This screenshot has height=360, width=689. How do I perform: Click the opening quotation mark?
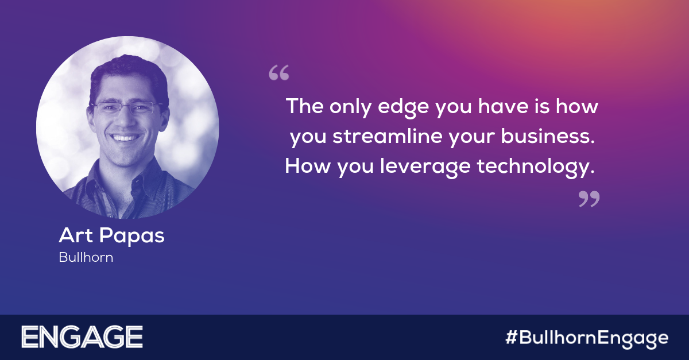(279, 72)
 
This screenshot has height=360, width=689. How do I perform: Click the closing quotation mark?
(589, 199)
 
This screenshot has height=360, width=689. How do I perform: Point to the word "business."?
(548, 136)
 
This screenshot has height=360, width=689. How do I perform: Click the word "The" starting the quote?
(305, 106)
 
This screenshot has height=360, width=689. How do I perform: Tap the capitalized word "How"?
(308, 166)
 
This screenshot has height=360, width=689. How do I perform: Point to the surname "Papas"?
(131, 237)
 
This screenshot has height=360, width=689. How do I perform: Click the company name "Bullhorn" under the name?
(86, 257)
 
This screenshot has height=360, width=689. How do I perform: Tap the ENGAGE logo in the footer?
(82, 337)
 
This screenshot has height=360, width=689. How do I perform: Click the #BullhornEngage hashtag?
(587, 338)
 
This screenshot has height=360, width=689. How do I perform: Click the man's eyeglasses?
(127, 107)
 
